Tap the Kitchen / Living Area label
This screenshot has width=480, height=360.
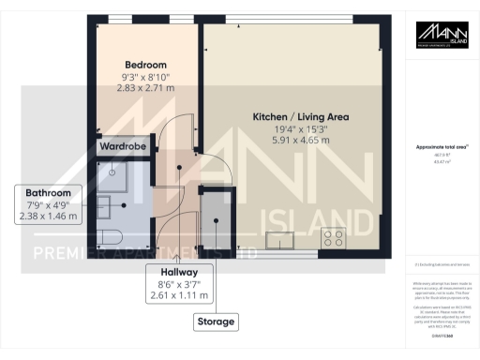300,116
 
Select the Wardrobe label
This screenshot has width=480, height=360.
123,147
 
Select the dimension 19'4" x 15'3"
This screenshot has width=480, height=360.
300,130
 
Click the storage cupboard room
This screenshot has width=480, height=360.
217,220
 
